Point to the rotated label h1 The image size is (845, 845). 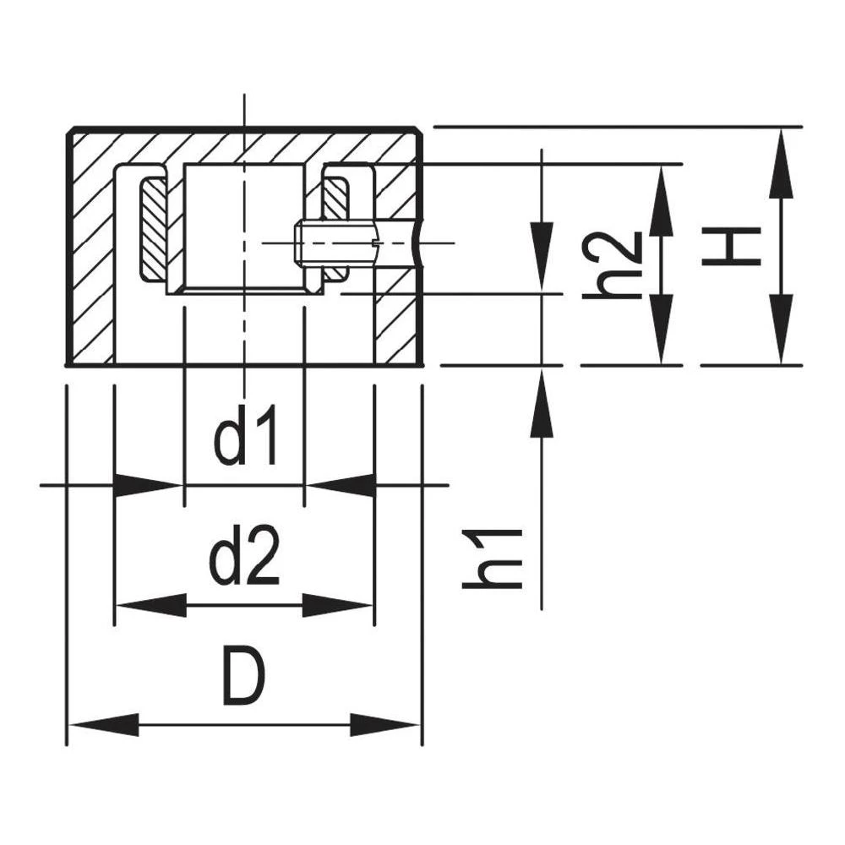point(493,559)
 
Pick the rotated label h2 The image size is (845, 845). point(613,265)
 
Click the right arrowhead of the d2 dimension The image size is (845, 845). point(337,605)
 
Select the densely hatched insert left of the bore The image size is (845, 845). point(154,229)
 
